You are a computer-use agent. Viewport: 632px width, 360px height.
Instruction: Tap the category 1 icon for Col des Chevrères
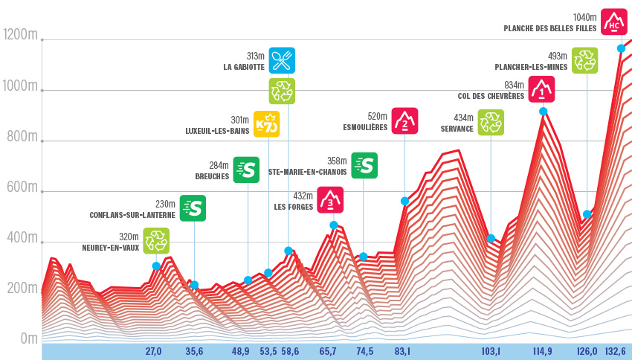click(x=541, y=89)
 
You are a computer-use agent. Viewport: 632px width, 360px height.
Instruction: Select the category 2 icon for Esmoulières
click(x=404, y=120)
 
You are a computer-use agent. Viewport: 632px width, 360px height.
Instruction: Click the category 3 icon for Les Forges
click(x=330, y=199)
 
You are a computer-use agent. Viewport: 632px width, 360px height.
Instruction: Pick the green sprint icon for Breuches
click(x=246, y=169)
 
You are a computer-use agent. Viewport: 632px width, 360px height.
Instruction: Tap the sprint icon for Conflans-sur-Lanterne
click(x=193, y=208)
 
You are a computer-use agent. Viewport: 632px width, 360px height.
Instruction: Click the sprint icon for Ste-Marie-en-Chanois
click(x=364, y=165)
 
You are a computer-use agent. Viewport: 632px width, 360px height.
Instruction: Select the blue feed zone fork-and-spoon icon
click(x=282, y=60)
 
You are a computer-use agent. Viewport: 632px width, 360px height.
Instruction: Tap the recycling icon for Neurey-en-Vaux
click(x=156, y=240)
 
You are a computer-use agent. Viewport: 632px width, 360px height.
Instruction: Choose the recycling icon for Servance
click(x=491, y=122)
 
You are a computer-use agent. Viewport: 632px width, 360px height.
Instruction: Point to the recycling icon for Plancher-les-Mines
click(x=585, y=60)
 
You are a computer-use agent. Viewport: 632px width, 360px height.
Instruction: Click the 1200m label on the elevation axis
click(x=20, y=35)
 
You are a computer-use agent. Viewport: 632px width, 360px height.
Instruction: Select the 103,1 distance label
click(x=489, y=352)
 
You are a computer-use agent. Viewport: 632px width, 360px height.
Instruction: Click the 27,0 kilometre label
click(x=153, y=352)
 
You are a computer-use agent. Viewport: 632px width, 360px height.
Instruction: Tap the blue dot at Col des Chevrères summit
click(x=544, y=112)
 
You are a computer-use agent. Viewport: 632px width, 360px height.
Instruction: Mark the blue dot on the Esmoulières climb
click(x=404, y=202)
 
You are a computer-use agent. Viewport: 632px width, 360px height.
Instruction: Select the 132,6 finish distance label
click(x=614, y=352)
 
